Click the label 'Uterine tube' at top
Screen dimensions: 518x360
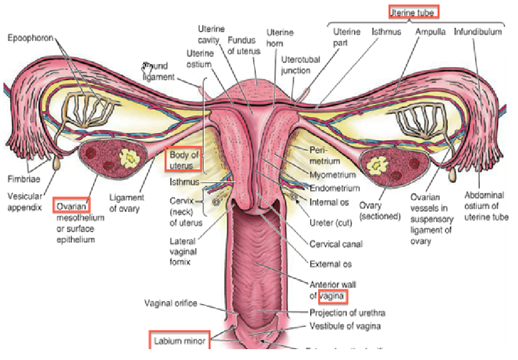(x=415, y=11)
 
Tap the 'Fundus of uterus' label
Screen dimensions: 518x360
(x=244, y=46)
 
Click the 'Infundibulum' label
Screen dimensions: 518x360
(x=478, y=31)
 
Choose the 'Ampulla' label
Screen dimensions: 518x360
(x=431, y=31)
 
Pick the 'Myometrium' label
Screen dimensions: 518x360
(x=332, y=175)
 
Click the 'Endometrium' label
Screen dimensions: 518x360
(x=334, y=188)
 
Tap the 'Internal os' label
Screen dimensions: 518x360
(x=330, y=202)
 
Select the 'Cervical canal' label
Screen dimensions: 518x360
(x=336, y=244)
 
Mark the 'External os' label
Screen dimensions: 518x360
(x=331, y=264)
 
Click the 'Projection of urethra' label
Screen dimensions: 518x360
(x=346, y=313)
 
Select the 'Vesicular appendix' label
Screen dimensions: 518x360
(x=25, y=201)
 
